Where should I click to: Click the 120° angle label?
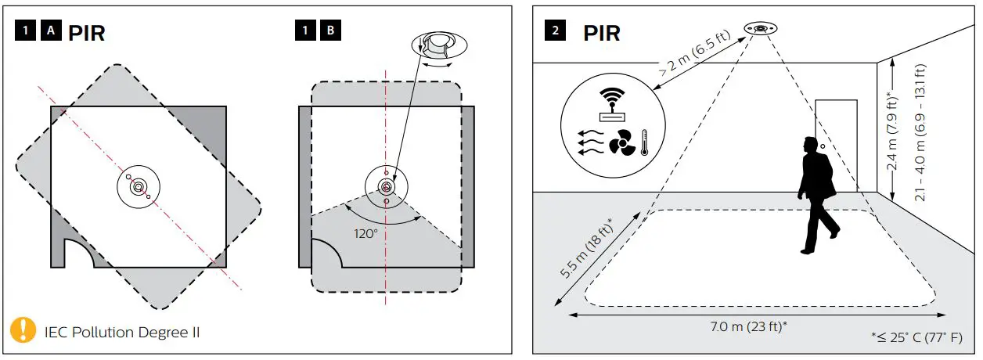(365, 233)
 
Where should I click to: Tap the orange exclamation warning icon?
(23, 330)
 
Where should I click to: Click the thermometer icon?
(644, 143)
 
